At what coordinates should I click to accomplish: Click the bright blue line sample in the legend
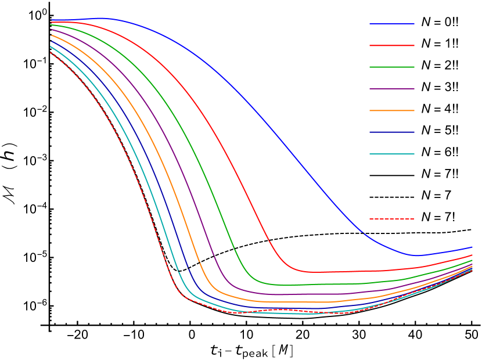392,24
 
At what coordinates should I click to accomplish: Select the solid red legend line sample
392,45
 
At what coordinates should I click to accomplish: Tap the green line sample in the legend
392,67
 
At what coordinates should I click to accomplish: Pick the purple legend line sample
392,89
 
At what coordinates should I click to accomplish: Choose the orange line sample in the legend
392,110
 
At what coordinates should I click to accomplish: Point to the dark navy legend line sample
392,132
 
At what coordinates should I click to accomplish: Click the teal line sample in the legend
392,154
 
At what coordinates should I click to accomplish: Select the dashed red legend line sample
392,219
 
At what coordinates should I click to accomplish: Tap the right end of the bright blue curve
472,247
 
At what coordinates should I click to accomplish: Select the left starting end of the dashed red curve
51,53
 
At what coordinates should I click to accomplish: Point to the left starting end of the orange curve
51,35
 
